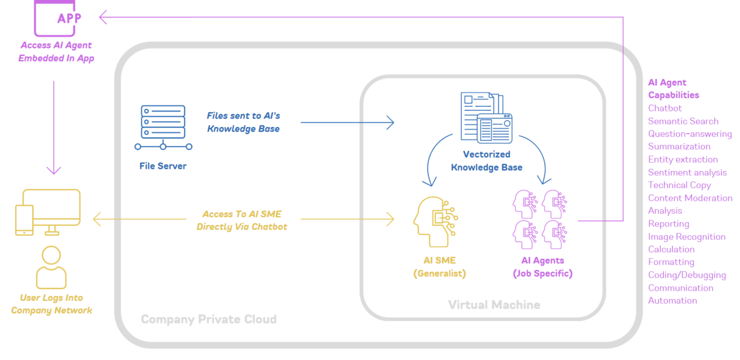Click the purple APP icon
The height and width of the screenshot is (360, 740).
[55, 18]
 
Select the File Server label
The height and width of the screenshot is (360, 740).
[163, 166]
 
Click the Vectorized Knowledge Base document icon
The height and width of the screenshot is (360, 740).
[487, 118]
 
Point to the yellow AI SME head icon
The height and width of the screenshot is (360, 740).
[435, 222]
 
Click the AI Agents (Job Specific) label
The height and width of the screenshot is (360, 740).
[542, 267]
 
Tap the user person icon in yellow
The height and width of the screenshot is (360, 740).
[51, 268]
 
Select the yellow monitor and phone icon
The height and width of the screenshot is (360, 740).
[48, 212]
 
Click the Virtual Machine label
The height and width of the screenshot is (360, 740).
[494, 305]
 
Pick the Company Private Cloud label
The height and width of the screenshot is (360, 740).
[208, 319]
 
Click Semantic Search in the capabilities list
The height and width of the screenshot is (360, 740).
[683, 121]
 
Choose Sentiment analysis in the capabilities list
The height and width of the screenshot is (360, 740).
[687, 172]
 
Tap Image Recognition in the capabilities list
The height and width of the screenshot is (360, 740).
[687, 236]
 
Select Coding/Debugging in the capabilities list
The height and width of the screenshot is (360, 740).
[687, 275]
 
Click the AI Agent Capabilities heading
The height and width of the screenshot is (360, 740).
[673, 89]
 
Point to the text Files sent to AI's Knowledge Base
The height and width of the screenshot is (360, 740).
[243, 122]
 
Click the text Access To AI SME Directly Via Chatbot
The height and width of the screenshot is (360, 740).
[242, 220]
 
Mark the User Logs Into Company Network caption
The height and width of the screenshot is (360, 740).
[52, 304]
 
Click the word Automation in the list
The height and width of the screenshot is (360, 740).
[672, 300]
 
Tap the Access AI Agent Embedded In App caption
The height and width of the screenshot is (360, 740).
[56, 52]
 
